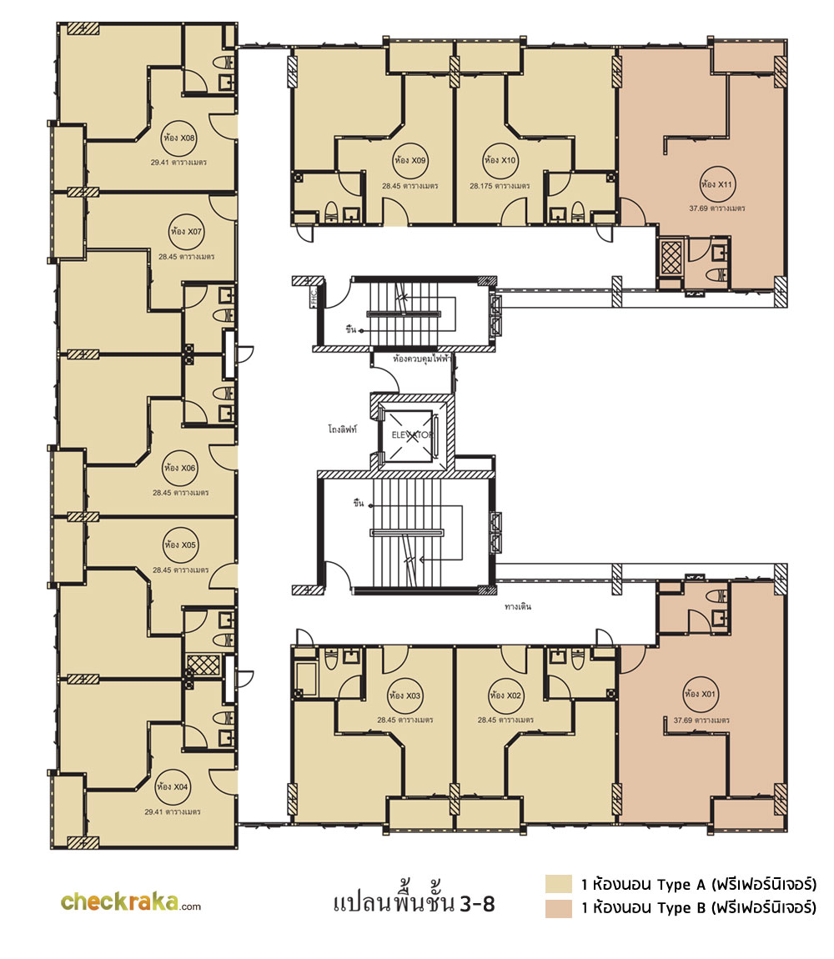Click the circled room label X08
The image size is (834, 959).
tap(178, 138)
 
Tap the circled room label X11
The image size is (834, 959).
tap(717, 184)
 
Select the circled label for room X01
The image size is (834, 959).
tap(700, 694)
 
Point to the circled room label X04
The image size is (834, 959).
tap(173, 786)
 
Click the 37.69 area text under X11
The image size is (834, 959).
tap(717, 208)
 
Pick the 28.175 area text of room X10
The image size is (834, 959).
tap(500, 186)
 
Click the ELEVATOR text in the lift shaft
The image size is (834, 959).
tap(412, 434)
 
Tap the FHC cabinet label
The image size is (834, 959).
tap(314, 297)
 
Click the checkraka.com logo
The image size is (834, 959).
tap(131, 901)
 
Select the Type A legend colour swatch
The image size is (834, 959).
tap(559, 884)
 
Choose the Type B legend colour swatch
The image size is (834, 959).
tap(559, 908)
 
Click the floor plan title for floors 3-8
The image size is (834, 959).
tap(414, 902)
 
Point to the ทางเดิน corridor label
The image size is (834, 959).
tap(518, 607)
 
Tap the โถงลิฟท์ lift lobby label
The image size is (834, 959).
tap(343, 429)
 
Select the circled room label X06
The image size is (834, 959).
tap(179, 468)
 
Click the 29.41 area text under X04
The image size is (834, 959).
tap(173, 812)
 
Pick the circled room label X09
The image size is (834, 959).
tap(410, 160)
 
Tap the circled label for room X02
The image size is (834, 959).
tap(505, 695)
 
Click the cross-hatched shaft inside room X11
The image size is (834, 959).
tap(671, 258)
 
